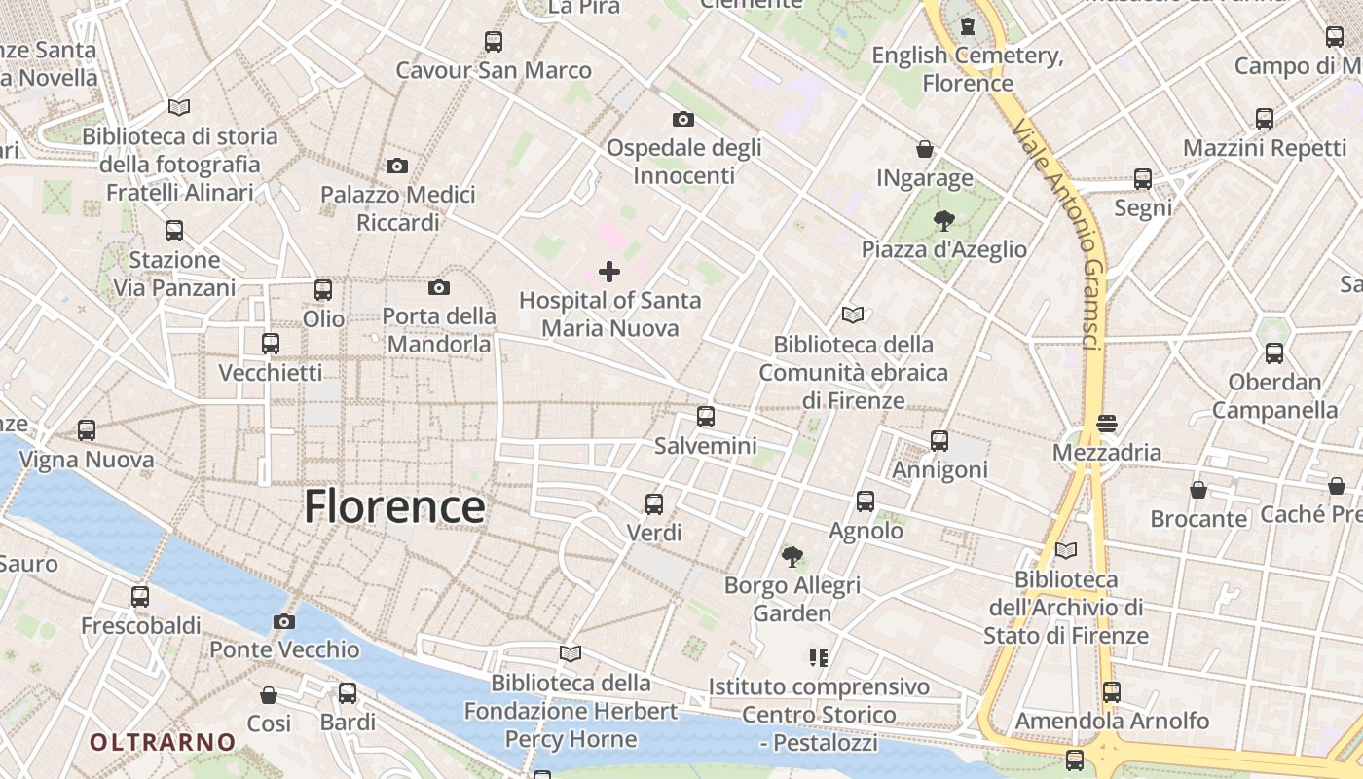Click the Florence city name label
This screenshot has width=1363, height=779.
[x=394, y=507]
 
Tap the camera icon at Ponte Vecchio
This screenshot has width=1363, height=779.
[x=284, y=621]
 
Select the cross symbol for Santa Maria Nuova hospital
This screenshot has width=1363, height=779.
[x=609, y=271]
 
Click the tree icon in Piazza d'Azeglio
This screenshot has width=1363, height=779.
[x=942, y=221]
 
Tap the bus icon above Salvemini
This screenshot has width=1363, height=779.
[x=706, y=417]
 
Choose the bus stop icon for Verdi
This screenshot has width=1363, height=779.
[x=654, y=504]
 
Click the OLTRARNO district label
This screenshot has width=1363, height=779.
[x=164, y=742]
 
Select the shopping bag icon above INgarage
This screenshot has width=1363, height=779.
[x=925, y=149]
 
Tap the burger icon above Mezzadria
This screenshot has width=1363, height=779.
[x=1107, y=424]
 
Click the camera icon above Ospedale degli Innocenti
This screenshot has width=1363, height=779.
[x=683, y=119]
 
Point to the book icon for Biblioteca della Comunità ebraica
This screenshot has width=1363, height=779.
[x=853, y=315]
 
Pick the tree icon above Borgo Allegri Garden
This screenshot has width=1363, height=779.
[x=792, y=556]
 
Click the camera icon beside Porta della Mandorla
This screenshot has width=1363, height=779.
[x=439, y=287]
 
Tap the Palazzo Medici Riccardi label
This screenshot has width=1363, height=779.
[x=398, y=208]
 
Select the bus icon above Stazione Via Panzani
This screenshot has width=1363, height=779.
[x=174, y=231]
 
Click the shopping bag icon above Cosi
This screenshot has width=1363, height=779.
[x=269, y=694]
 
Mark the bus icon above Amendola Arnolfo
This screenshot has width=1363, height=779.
[x=1112, y=692]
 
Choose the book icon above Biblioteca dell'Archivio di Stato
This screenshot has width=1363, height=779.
[x=1066, y=550]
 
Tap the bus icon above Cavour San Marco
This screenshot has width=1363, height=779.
[x=494, y=42]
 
